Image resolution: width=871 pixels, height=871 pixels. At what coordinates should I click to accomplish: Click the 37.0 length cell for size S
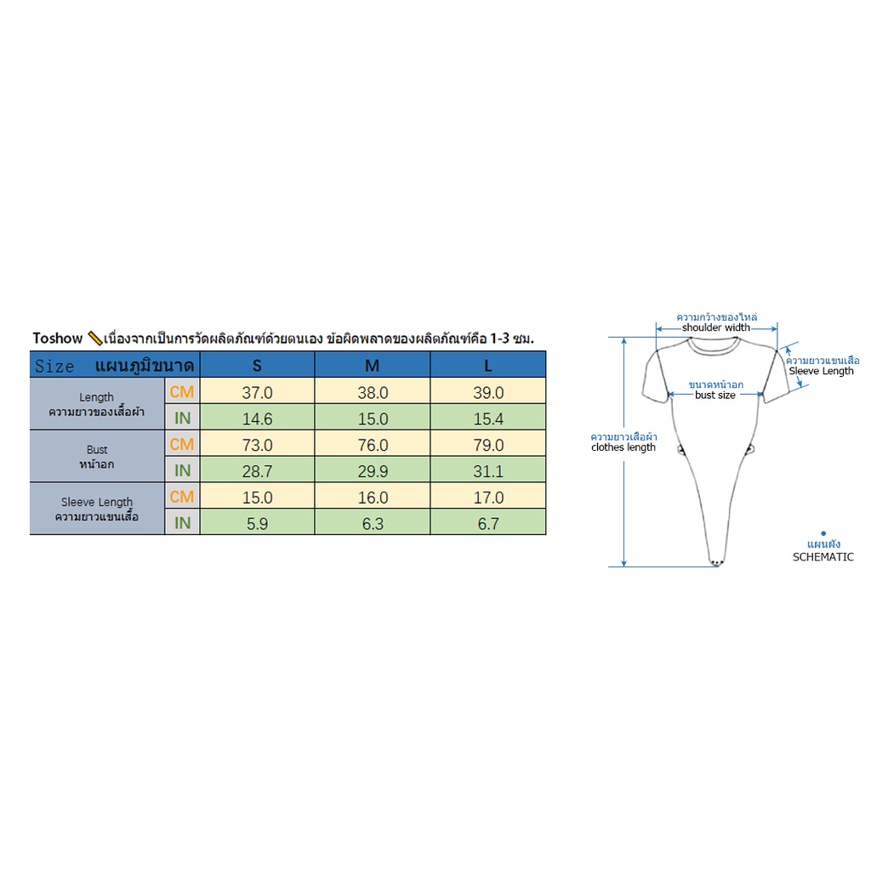point(257,391)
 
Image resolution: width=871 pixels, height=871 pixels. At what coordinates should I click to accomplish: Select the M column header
point(373,365)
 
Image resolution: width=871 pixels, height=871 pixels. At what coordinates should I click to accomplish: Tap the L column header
point(488,365)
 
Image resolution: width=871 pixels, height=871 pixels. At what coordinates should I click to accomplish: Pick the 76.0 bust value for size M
point(373,444)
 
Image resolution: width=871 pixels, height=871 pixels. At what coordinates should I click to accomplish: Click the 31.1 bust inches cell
point(488,470)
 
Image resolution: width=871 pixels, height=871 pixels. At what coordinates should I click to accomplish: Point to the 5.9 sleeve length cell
point(257,523)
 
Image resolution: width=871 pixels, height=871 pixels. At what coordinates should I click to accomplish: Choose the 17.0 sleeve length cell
point(488,496)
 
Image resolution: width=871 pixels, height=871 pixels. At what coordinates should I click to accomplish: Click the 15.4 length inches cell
point(488,418)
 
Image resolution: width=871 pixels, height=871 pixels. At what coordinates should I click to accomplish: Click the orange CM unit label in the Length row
point(182,391)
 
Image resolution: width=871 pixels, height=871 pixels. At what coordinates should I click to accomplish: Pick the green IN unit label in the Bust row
point(182,470)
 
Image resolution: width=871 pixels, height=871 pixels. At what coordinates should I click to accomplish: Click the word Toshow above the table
point(58,338)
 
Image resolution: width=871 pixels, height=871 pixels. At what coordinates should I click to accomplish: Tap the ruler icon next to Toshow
point(95,338)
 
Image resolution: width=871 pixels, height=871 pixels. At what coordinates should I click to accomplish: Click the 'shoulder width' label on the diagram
point(716,327)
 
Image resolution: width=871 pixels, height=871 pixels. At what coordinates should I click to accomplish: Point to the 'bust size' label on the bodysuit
point(714,395)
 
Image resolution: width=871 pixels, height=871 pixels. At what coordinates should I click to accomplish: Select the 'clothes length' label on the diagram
point(623,447)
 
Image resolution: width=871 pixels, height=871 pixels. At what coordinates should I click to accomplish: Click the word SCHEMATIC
point(823,556)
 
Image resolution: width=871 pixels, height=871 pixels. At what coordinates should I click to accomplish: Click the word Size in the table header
point(54,366)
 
